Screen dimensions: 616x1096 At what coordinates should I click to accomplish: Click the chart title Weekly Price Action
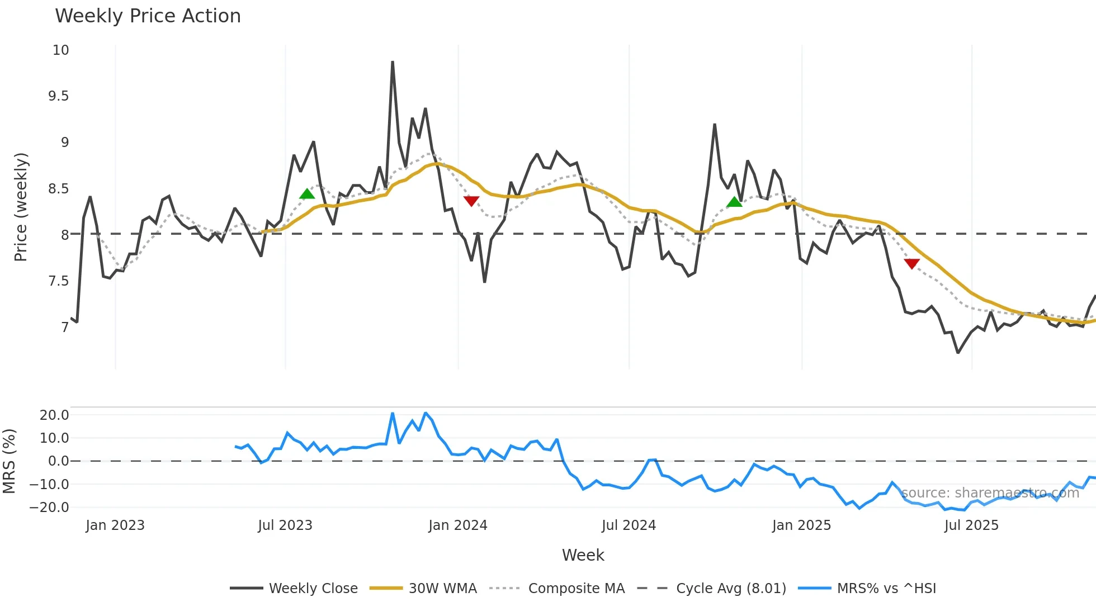coord(148,16)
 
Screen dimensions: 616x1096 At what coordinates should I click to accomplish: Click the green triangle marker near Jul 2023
coord(307,194)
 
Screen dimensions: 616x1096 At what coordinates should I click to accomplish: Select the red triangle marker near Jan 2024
coord(471,201)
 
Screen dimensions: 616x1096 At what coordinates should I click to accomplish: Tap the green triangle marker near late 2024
coord(734,202)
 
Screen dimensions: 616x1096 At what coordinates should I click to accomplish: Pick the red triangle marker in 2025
coord(911,263)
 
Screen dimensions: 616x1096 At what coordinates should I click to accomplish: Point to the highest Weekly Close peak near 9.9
coord(393,62)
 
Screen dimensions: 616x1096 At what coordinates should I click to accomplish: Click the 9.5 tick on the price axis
coord(58,96)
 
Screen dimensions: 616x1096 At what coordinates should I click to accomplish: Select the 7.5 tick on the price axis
coord(58,281)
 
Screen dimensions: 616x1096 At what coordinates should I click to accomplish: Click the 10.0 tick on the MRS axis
coord(54,438)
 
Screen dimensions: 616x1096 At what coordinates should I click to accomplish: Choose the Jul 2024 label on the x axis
coord(629,525)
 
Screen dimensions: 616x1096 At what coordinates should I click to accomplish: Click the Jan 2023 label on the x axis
coord(115,525)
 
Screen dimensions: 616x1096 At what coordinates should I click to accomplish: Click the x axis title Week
coord(583,555)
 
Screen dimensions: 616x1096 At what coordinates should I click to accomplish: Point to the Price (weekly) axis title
coord(21,207)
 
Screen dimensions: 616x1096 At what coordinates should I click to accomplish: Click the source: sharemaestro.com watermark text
coord(990,492)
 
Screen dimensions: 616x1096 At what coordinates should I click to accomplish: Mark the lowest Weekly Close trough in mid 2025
coord(958,353)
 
